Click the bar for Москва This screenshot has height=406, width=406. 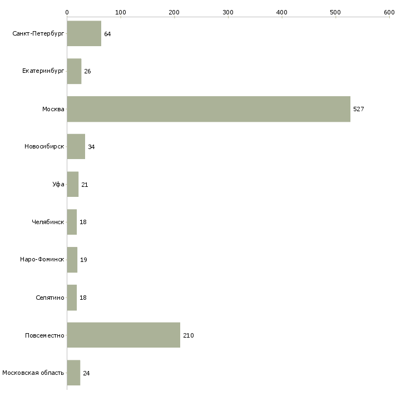209,109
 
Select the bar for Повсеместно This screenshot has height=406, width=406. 123,335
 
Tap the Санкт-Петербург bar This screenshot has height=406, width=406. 84,33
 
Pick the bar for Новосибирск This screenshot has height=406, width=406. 76,147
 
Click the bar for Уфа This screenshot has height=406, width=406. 73,184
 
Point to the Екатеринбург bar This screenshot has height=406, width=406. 75,71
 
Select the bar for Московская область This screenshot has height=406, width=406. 73,373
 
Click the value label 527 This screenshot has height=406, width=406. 359,109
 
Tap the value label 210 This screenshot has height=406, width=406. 189,335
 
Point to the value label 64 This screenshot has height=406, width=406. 107,34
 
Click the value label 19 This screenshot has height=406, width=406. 83,260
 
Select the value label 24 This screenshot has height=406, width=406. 86,373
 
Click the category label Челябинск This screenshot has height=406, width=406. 48,222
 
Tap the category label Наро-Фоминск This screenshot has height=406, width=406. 42,259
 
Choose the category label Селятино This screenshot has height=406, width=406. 50,298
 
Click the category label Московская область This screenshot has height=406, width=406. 33,373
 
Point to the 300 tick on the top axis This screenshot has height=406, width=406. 228,12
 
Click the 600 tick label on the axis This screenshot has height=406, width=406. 389,12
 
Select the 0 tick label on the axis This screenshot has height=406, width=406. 67,12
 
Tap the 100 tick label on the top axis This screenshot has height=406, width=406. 121,12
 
